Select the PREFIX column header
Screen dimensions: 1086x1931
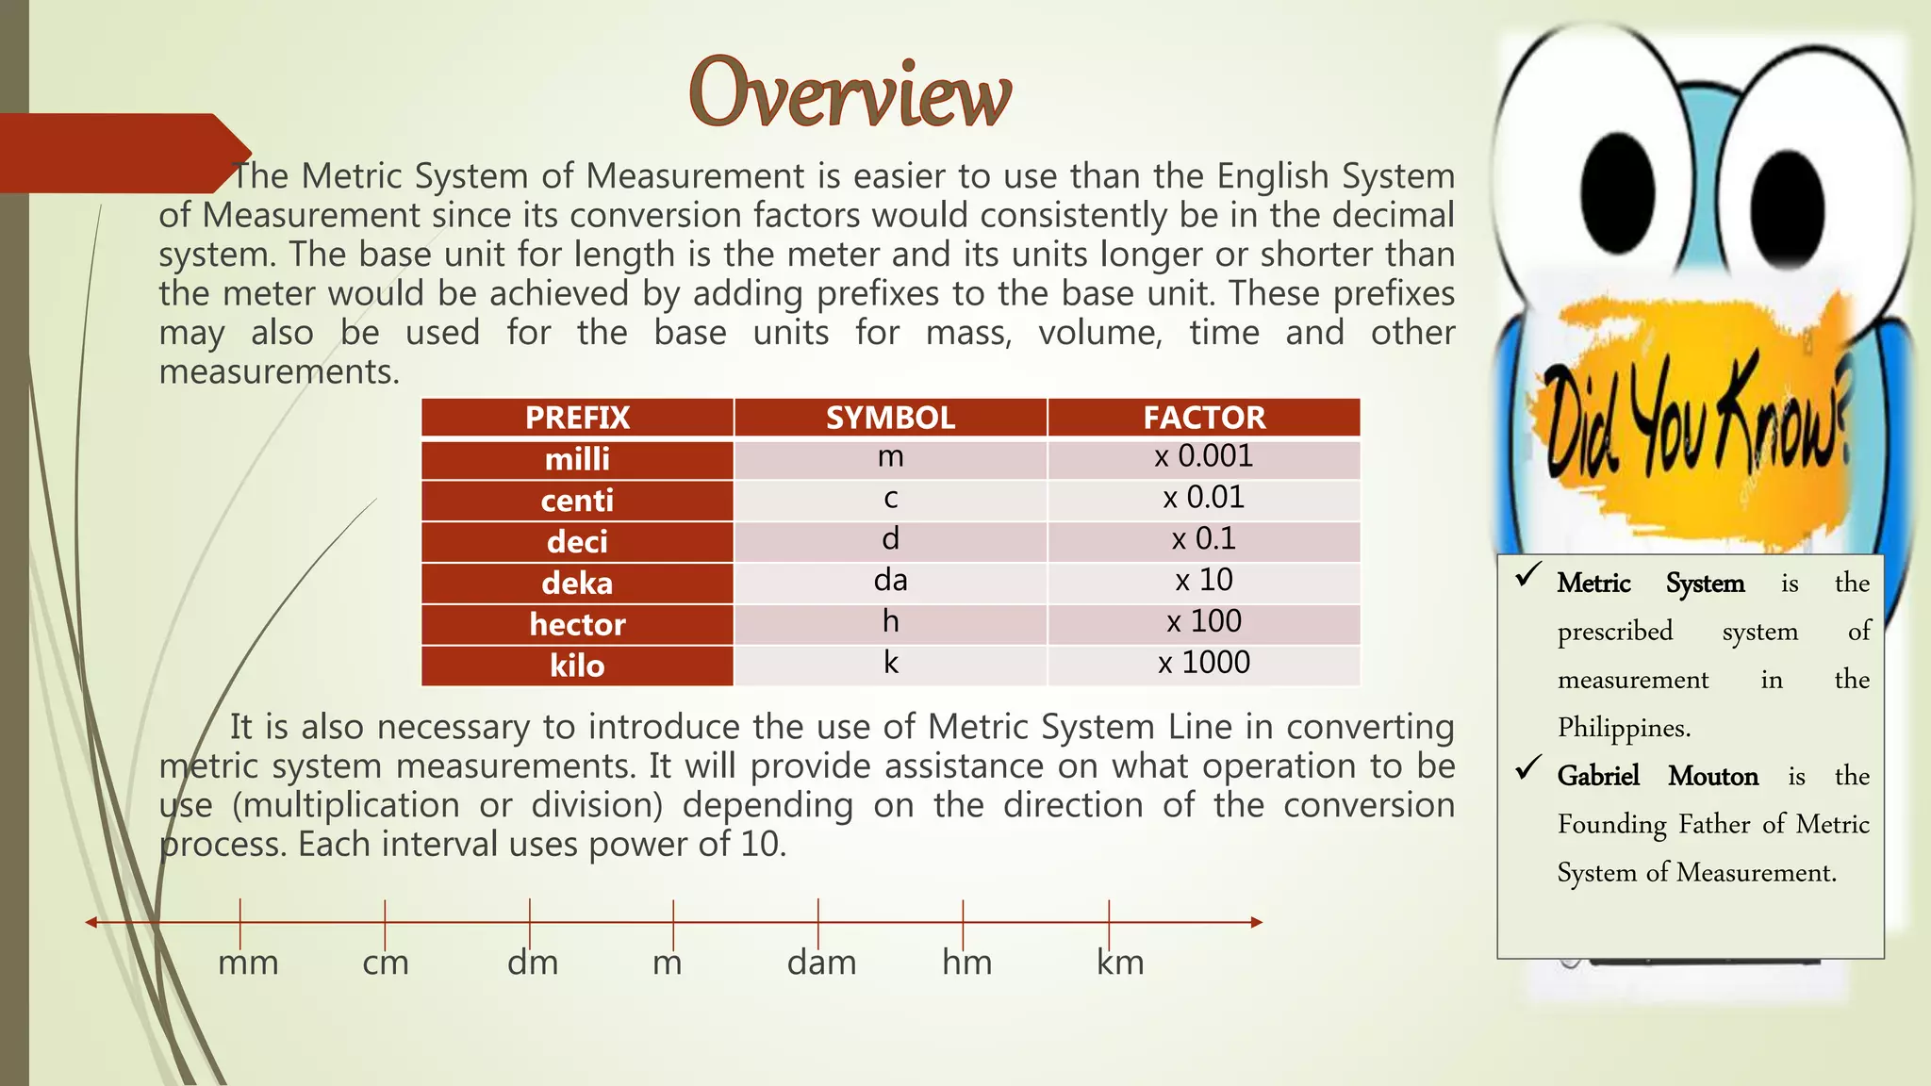click(577, 418)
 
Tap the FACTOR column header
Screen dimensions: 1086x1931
click(1204, 418)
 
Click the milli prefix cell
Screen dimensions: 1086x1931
click(577, 459)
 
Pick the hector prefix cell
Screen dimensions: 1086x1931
click(577, 624)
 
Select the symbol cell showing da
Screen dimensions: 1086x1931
click(890, 581)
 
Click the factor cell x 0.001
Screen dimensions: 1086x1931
click(1204, 457)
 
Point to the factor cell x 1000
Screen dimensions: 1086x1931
click(1204, 664)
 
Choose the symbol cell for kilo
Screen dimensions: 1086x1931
click(890, 664)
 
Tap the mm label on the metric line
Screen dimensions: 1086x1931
click(248, 963)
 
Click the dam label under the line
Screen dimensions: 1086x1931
click(821, 963)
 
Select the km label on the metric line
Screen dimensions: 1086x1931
click(1120, 963)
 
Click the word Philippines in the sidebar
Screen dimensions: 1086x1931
click(1624, 728)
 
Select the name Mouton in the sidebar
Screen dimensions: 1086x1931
click(1712, 776)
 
